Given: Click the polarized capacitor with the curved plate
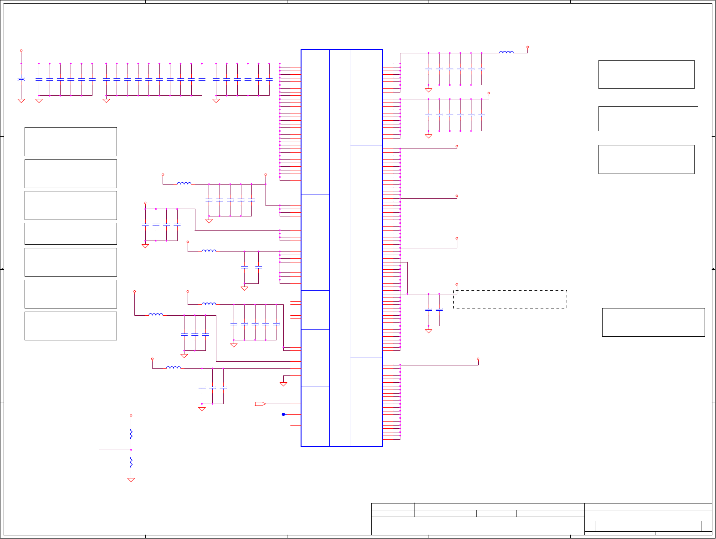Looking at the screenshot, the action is [21, 79].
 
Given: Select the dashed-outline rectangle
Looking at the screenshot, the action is [510, 299].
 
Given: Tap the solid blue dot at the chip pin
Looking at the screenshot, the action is [283, 414].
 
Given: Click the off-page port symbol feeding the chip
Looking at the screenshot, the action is [260, 404].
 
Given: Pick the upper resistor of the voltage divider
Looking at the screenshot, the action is [131, 433].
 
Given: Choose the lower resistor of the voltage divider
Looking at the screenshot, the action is [131, 462].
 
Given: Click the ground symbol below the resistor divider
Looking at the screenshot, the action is [131, 480].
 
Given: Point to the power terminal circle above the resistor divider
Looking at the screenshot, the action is [131, 416].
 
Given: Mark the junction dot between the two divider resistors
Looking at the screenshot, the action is [131, 450].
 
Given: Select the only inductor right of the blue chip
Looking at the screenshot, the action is [506, 52].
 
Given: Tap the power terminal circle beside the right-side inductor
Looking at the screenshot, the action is [527, 47].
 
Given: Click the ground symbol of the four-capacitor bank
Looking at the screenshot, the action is [145, 246].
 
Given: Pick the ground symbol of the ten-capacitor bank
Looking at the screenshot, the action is [107, 101].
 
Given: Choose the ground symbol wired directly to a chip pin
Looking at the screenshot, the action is [283, 384].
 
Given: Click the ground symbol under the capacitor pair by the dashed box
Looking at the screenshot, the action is [429, 331].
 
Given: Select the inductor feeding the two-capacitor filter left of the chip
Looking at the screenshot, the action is [209, 251].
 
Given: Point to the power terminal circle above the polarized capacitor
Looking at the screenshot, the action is [21, 51].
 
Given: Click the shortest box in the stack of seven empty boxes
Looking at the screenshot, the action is [71, 234].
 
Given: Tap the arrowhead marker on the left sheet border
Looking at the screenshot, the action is [2, 269].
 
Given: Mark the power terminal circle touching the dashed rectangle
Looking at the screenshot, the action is [457, 285].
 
